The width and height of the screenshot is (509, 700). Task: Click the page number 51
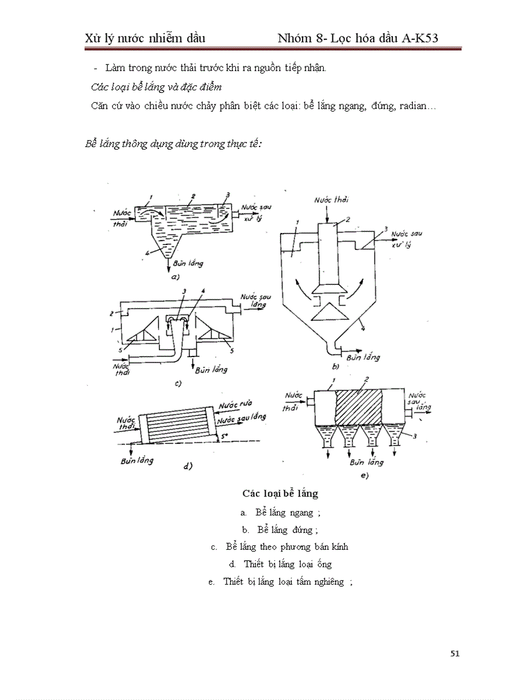point(454,653)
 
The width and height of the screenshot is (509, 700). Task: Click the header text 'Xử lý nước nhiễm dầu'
point(145,39)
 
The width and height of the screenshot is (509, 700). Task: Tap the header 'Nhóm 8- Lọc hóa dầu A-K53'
point(357,39)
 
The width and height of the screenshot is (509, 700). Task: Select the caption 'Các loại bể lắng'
point(280,494)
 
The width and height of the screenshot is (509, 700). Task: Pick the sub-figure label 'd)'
point(187,465)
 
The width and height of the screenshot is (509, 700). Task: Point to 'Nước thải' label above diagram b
point(331,199)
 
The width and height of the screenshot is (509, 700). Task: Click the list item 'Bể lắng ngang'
point(287,512)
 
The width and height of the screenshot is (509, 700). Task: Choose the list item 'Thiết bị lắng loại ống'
point(288,564)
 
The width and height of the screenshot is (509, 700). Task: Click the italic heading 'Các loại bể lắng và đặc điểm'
point(156,86)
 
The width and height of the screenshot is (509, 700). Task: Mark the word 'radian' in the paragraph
point(414,106)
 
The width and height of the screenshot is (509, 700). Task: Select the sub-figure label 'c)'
point(177,384)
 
